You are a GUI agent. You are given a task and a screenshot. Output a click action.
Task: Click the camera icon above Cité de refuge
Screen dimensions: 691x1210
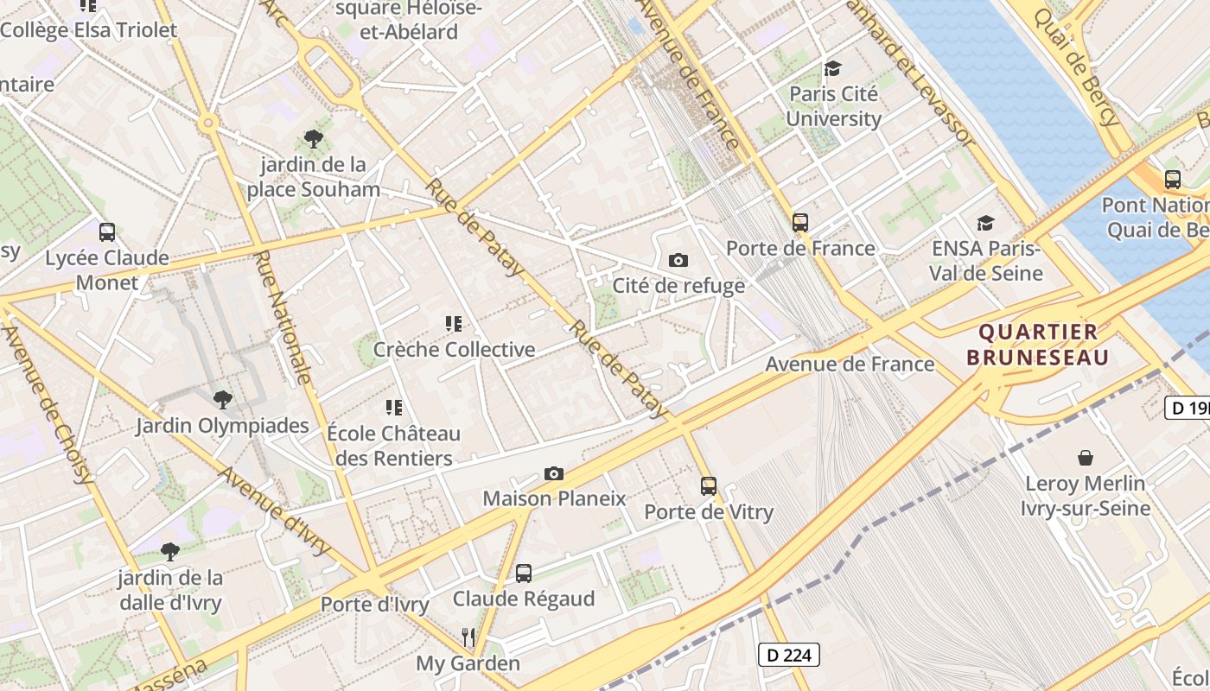pyautogui.click(x=678, y=260)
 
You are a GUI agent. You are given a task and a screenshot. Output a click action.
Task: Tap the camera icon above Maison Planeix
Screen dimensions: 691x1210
pyautogui.click(x=554, y=473)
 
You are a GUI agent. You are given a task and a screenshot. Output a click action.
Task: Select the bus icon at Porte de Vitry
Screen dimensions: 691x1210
pyautogui.click(x=709, y=485)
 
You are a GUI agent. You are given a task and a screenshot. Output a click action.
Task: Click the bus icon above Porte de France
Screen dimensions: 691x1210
pyautogui.click(x=800, y=222)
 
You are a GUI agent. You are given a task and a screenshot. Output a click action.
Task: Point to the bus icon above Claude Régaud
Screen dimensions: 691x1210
pyautogui.click(x=524, y=573)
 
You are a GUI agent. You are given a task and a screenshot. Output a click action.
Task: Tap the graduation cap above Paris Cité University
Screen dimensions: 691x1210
pyautogui.click(x=832, y=68)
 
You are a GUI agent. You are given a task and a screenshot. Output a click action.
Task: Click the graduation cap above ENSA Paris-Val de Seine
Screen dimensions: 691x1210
pyautogui.click(x=985, y=224)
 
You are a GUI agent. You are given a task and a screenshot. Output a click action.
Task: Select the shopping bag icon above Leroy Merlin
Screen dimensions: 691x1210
pyautogui.click(x=1086, y=458)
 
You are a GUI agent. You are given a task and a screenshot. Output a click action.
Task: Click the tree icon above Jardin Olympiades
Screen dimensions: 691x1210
pyautogui.click(x=222, y=399)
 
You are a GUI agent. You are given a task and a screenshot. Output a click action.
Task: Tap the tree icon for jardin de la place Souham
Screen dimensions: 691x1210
pyautogui.click(x=313, y=138)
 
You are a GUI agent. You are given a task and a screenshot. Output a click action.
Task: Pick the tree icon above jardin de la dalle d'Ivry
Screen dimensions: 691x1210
pyautogui.click(x=170, y=551)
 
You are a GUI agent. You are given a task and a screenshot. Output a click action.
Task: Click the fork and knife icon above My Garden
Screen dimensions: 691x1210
pyautogui.click(x=468, y=637)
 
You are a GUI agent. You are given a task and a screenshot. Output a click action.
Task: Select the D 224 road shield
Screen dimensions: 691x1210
pyautogui.click(x=788, y=655)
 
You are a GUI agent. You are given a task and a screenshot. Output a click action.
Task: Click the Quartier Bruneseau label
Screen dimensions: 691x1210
pyautogui.click(x=1037, y=344)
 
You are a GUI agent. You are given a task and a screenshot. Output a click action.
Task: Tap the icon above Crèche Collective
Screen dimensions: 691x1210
pyautogui.click(x=454, y=324)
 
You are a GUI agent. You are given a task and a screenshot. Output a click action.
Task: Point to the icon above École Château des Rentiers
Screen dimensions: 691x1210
pyautogui.click(x=394, y=407)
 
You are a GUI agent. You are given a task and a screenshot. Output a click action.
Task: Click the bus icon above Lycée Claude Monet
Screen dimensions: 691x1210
pyautogui.click(x=107, y=231)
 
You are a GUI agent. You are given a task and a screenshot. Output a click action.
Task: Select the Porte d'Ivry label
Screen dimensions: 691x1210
pyautogui.click(x=374, y=605)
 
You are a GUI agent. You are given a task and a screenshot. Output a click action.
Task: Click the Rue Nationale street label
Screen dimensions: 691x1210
pyautogui.click(x=283, y=317)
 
